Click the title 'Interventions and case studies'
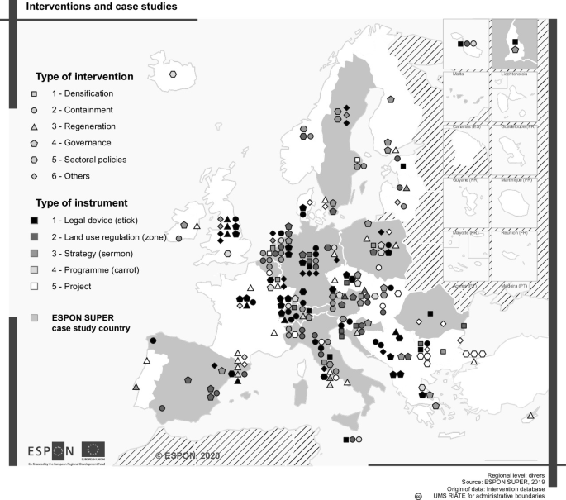pos(92,7)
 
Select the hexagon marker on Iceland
pos(173,74)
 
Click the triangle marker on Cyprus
pos(530,416)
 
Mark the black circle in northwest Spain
pos(152,340)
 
